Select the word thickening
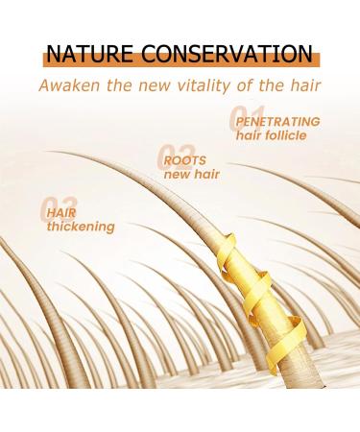[x=81, y=227]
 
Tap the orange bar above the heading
[x=180, y=34]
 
